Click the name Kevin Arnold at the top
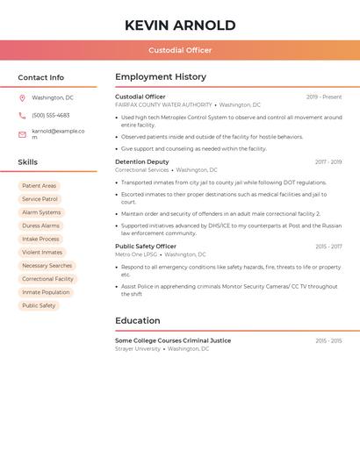click(x=180, y=25)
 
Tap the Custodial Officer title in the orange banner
click(x=180, y=50)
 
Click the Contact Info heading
click(x=40, y=77)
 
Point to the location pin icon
click(x=22, y=97)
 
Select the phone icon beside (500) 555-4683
click(x=22, y=115)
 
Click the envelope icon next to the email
click(x=22, y=133)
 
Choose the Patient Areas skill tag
click(x=39, y=186)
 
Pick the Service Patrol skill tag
click(x=40, y=199)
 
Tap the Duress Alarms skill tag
click(x=41, y=225)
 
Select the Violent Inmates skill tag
click(x=42, y=253)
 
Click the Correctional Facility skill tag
click(x=47, y=279)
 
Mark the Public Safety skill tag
click(x=39, y=305)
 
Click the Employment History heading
click(x=161, y=77)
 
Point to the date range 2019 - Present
click(x=324, y=97)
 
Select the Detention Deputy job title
click(x=141, y=161)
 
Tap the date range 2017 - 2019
click(x=328, y=162)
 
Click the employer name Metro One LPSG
click(x=136, y=254)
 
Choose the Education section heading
click(x=137, y=320)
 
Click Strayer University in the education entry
click(x=138, y=348)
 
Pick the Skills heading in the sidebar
click(x=27, y=162)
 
